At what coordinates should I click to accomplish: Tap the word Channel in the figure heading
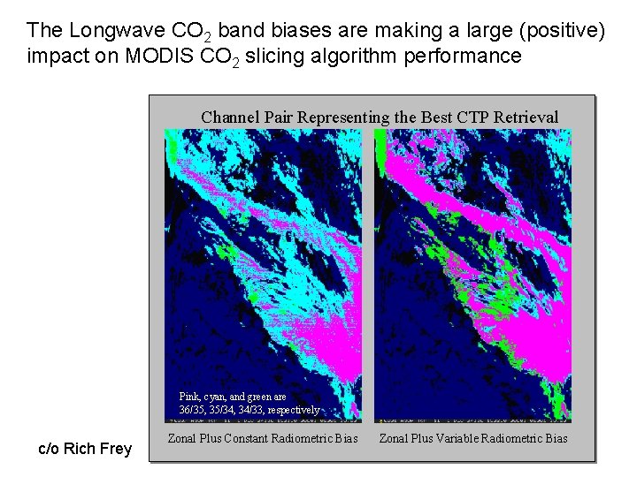(227, 117)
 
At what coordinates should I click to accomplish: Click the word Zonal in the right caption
(394, 438)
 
